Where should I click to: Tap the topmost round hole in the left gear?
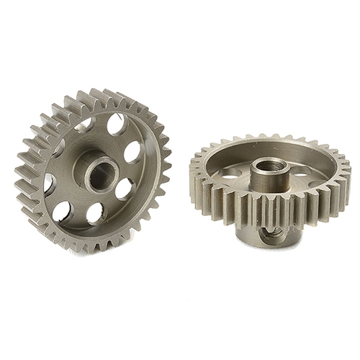tap(114, 125)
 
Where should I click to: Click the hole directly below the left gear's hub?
tap(95, 212)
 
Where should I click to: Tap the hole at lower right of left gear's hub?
tap(123, 189)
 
